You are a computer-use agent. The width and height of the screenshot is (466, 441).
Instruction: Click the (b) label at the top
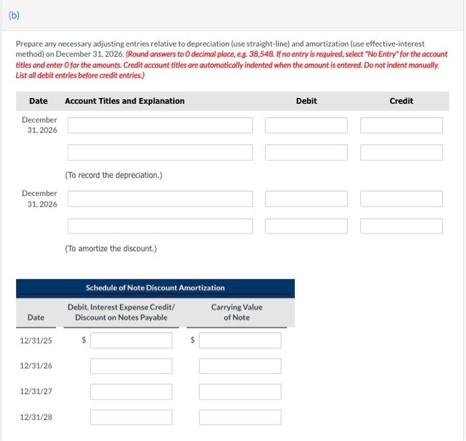click(13, 15)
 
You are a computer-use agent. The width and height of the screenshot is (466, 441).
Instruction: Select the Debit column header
click(306, 101)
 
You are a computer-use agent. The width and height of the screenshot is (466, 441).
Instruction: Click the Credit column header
click(401, 101)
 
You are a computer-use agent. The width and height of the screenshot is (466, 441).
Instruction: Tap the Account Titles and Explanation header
click(124, 101)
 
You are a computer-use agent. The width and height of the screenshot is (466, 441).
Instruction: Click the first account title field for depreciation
click(160, 125)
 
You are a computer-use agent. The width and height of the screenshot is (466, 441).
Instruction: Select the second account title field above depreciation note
click(160, 152)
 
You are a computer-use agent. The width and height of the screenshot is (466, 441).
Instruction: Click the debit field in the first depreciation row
click(306, 125)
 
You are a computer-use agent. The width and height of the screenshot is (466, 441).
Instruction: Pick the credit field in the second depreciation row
click(401, 152)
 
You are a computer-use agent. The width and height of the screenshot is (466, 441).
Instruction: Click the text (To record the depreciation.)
click(114, 175)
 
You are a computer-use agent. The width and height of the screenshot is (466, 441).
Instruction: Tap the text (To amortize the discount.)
click(111, 248)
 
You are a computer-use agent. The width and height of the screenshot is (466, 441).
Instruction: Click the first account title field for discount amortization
click(160, 199)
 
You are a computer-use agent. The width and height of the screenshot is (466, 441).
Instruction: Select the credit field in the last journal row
click(401, 226)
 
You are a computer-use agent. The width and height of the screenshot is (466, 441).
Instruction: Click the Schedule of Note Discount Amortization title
click(155, 288)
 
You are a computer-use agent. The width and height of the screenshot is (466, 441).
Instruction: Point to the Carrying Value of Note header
click(236, 312)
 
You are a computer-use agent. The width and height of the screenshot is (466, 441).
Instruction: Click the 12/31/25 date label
click(36, 340)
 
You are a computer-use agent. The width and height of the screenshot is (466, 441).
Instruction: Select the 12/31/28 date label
click(36, 417)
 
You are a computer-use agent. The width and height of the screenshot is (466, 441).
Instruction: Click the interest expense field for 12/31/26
click(131, 366)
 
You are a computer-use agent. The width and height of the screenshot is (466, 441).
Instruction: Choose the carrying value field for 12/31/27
click(240, 392)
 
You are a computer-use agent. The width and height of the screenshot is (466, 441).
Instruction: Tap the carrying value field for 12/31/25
click(240, 340)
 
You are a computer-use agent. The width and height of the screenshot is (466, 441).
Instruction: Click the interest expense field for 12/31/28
click(131, 417)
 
